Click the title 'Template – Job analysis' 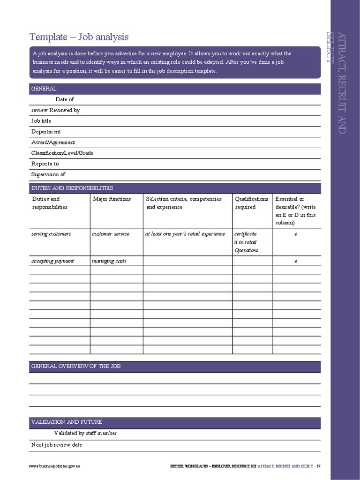pyautogui.click(x=79, y=37)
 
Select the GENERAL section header pyautogui.click(x=44, y=89)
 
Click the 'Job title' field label pyautogui.click(x=41, y=121)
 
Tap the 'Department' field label pyautogui.click(x=46, y=132)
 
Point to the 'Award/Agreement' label pyautogui.click(x=53, y=142)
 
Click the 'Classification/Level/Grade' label pyautogui.click(x=62, y=153)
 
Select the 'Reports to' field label pyautogui.click(x=45, y=164)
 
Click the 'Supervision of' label pyautogui.click(x=48, y=175)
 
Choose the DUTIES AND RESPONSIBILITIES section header pyautogui.click(x=72, y=188)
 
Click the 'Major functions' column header pyautogui.click(x=112, y=199)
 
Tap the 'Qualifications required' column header pyautogui.click(x=252, y=203)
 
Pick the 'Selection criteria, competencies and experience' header pyautogui.click(x=184, y=203)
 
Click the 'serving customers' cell pyautogui.click(x=51, y=234)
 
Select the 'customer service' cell pyautogui.click(x=111, y=234)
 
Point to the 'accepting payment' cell pyautogui.click(x=52, y=261)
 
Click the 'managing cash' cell pyautogui.click(x=109, y=261)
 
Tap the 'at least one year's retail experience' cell pyautogui.click(x=185, y=234)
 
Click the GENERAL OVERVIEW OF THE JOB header pyautogui.click(x=76, y=366)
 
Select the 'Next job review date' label pyautogui.click(x=57, y=445)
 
